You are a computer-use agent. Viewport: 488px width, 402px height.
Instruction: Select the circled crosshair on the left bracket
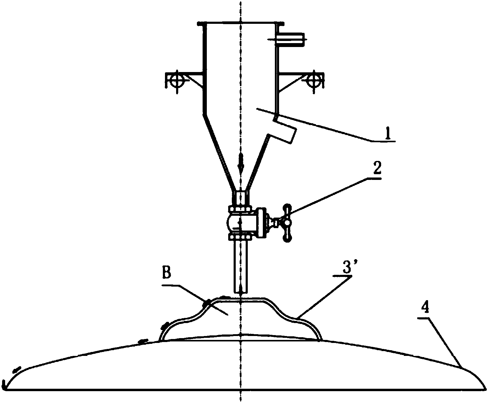click(x=175, y=80)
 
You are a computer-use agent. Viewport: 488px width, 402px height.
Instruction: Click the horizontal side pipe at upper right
click(x=290, y=39)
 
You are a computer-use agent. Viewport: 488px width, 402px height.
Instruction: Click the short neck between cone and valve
click(x=241, y=198)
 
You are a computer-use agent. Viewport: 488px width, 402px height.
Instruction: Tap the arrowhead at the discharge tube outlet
click(x=241, y=291)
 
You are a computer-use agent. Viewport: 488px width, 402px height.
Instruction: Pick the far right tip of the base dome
click(x=485, y=389)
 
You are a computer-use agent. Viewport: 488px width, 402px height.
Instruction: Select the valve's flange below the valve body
click(x=240, y=237)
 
